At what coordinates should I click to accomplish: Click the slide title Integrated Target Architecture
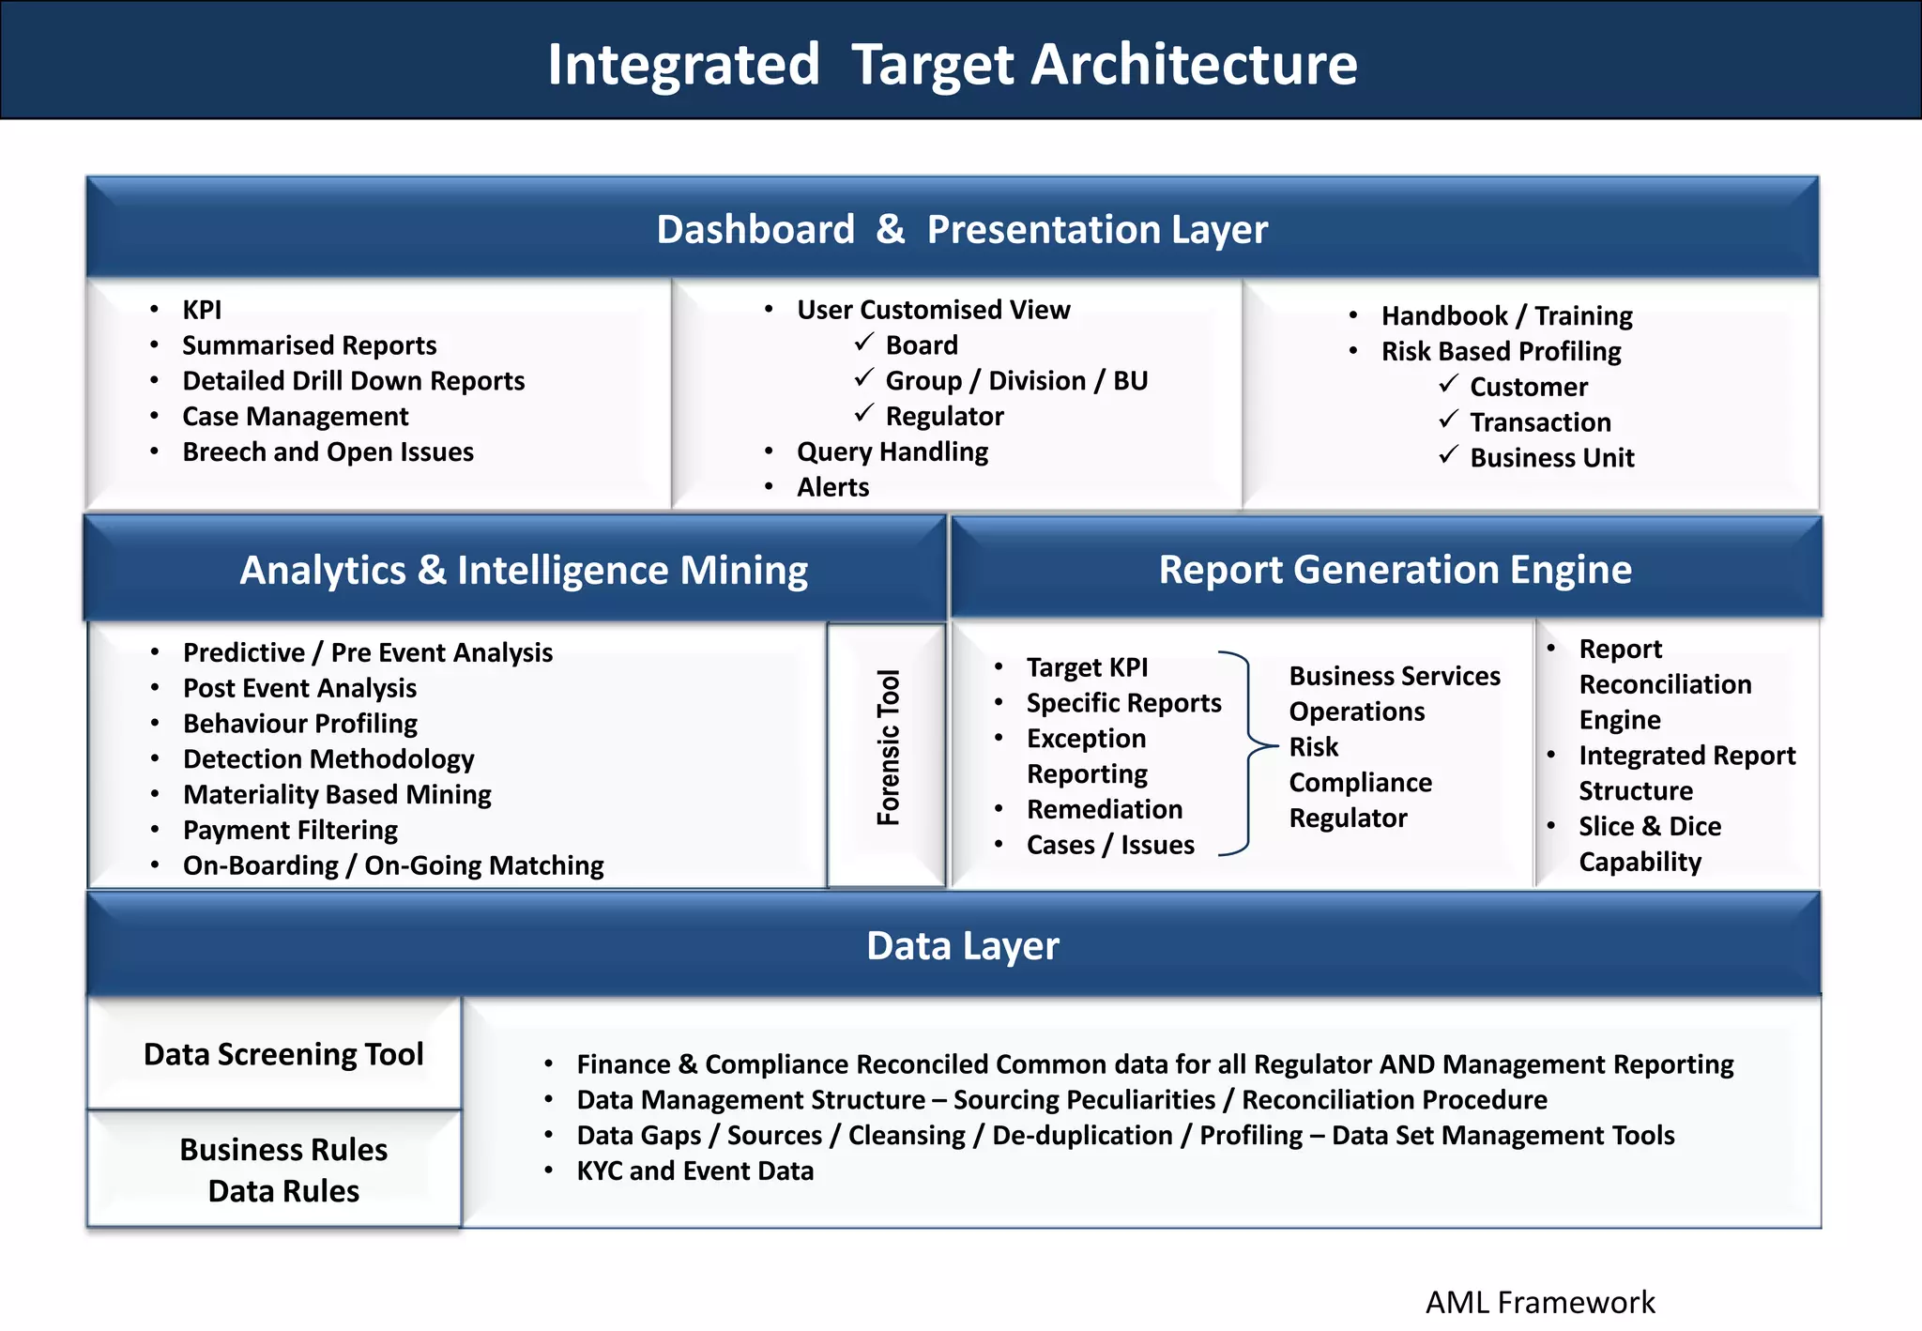point(952,64)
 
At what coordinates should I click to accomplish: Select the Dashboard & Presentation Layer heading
point(961,229)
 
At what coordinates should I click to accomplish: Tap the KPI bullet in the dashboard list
point(202,310)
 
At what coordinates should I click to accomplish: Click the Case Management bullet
point(295,416)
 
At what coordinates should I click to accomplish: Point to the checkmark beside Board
point(863,344)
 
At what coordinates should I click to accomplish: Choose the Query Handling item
point(892,451)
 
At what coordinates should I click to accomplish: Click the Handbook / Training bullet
point(1505,315)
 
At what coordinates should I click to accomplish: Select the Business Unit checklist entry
point(1551,458)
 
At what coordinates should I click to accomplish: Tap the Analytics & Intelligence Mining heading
point(523,570)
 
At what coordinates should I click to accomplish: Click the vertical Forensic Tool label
point(888,747)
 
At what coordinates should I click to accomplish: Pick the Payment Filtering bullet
point(290,830)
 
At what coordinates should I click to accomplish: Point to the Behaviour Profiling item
point(300,724)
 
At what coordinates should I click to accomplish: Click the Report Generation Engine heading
point(1395,569)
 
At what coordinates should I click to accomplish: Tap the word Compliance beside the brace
point(1360,782)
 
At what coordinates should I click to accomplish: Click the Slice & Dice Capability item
point(1649,843)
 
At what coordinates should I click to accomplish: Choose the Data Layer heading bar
point(961,945)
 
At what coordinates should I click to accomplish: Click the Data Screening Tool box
point(283,1054)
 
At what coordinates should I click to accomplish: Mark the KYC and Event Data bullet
point(694,1170)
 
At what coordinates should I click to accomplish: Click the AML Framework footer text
point(1539,1302)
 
